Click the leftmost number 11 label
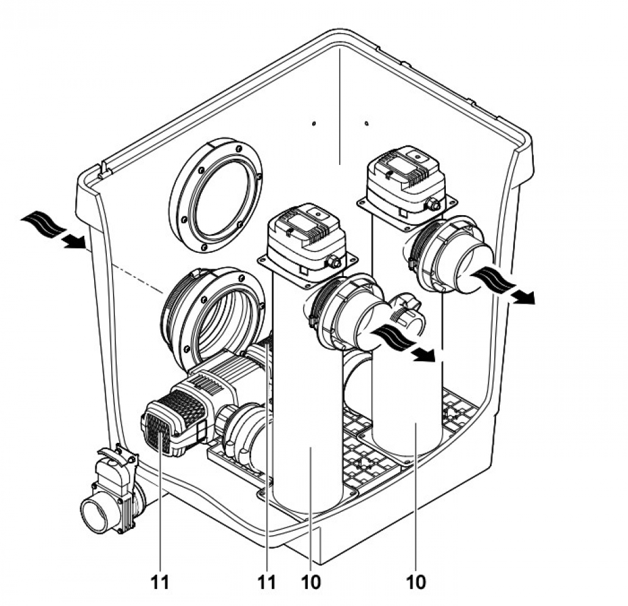coord(160,582)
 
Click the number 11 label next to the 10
coord(268,582)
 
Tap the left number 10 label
coord(311,582)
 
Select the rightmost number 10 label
coord(416,582)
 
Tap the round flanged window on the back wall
coord(215,194)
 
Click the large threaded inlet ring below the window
coord(214,314)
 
